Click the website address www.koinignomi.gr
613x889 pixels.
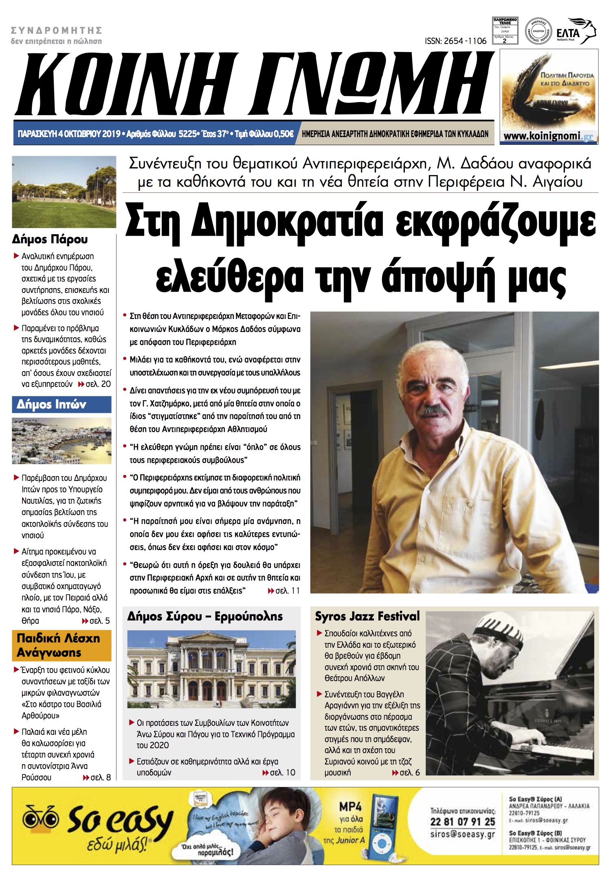point(548,136)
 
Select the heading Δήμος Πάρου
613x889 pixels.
point(50,239)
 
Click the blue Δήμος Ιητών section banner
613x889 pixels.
point(62,404)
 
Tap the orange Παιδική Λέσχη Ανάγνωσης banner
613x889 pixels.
point(62,645)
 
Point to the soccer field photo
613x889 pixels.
point(64,192)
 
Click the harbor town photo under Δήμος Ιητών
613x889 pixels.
point(62,441)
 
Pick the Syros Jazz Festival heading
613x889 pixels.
point(367,616)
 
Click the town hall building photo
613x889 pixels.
point(211,669)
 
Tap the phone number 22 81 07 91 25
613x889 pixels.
point(463,821)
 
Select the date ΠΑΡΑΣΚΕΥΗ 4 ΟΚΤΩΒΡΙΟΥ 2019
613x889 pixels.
point(69,133)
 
